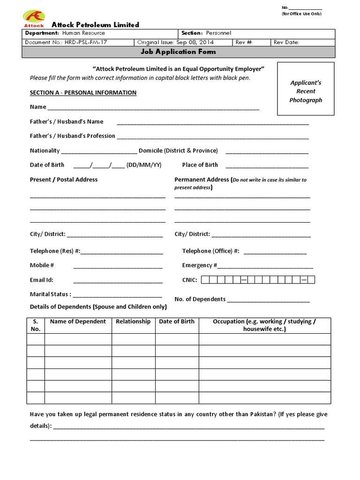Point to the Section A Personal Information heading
(83, 93)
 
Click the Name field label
(38, 107)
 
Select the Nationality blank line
(98, 151)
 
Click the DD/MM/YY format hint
(144, 165)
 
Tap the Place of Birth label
(200, 165)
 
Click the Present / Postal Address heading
(64, 180)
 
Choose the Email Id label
(42, 280)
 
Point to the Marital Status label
(50, 294)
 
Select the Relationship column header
(133, 322)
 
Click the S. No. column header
(36, 325)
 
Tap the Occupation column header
(264, 325)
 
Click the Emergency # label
(199, 265)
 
